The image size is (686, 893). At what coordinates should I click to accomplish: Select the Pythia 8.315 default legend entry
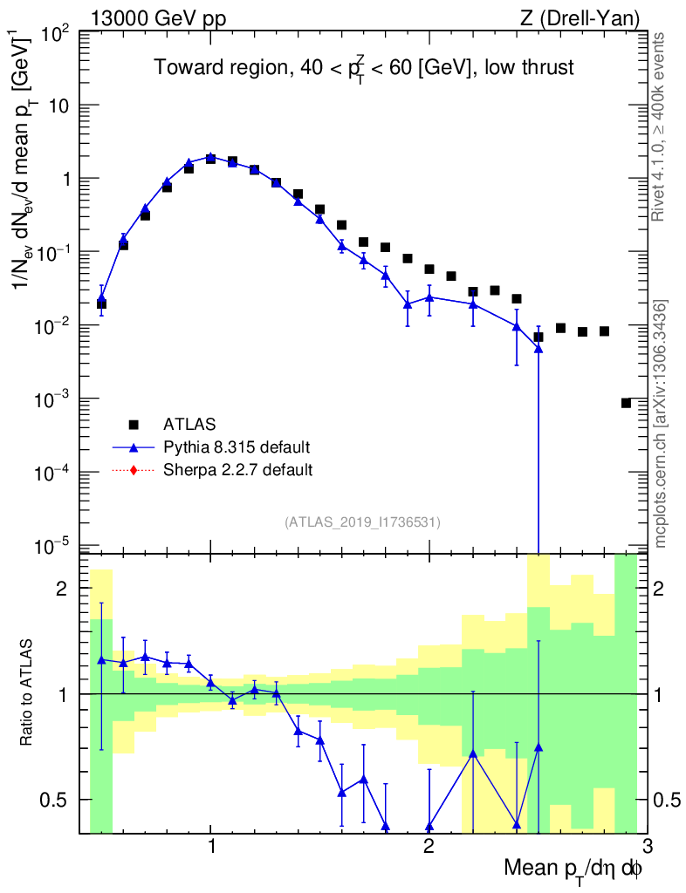click(x=237, y=447)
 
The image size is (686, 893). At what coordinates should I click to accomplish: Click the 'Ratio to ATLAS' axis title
click(x=28, y=692)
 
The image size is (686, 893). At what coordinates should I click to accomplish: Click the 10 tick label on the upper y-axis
click(x=59, y=106)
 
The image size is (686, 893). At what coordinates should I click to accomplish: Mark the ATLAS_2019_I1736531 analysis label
click(x=362, y=522)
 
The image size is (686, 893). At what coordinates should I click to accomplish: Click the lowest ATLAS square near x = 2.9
click(x=626, y=403)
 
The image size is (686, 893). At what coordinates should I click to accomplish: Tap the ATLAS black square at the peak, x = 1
click(x=211, y=159)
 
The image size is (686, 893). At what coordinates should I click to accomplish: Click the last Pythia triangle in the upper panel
click(x=539, y=348)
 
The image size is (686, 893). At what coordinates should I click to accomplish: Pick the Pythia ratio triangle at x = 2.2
click(x=473, y=752)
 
